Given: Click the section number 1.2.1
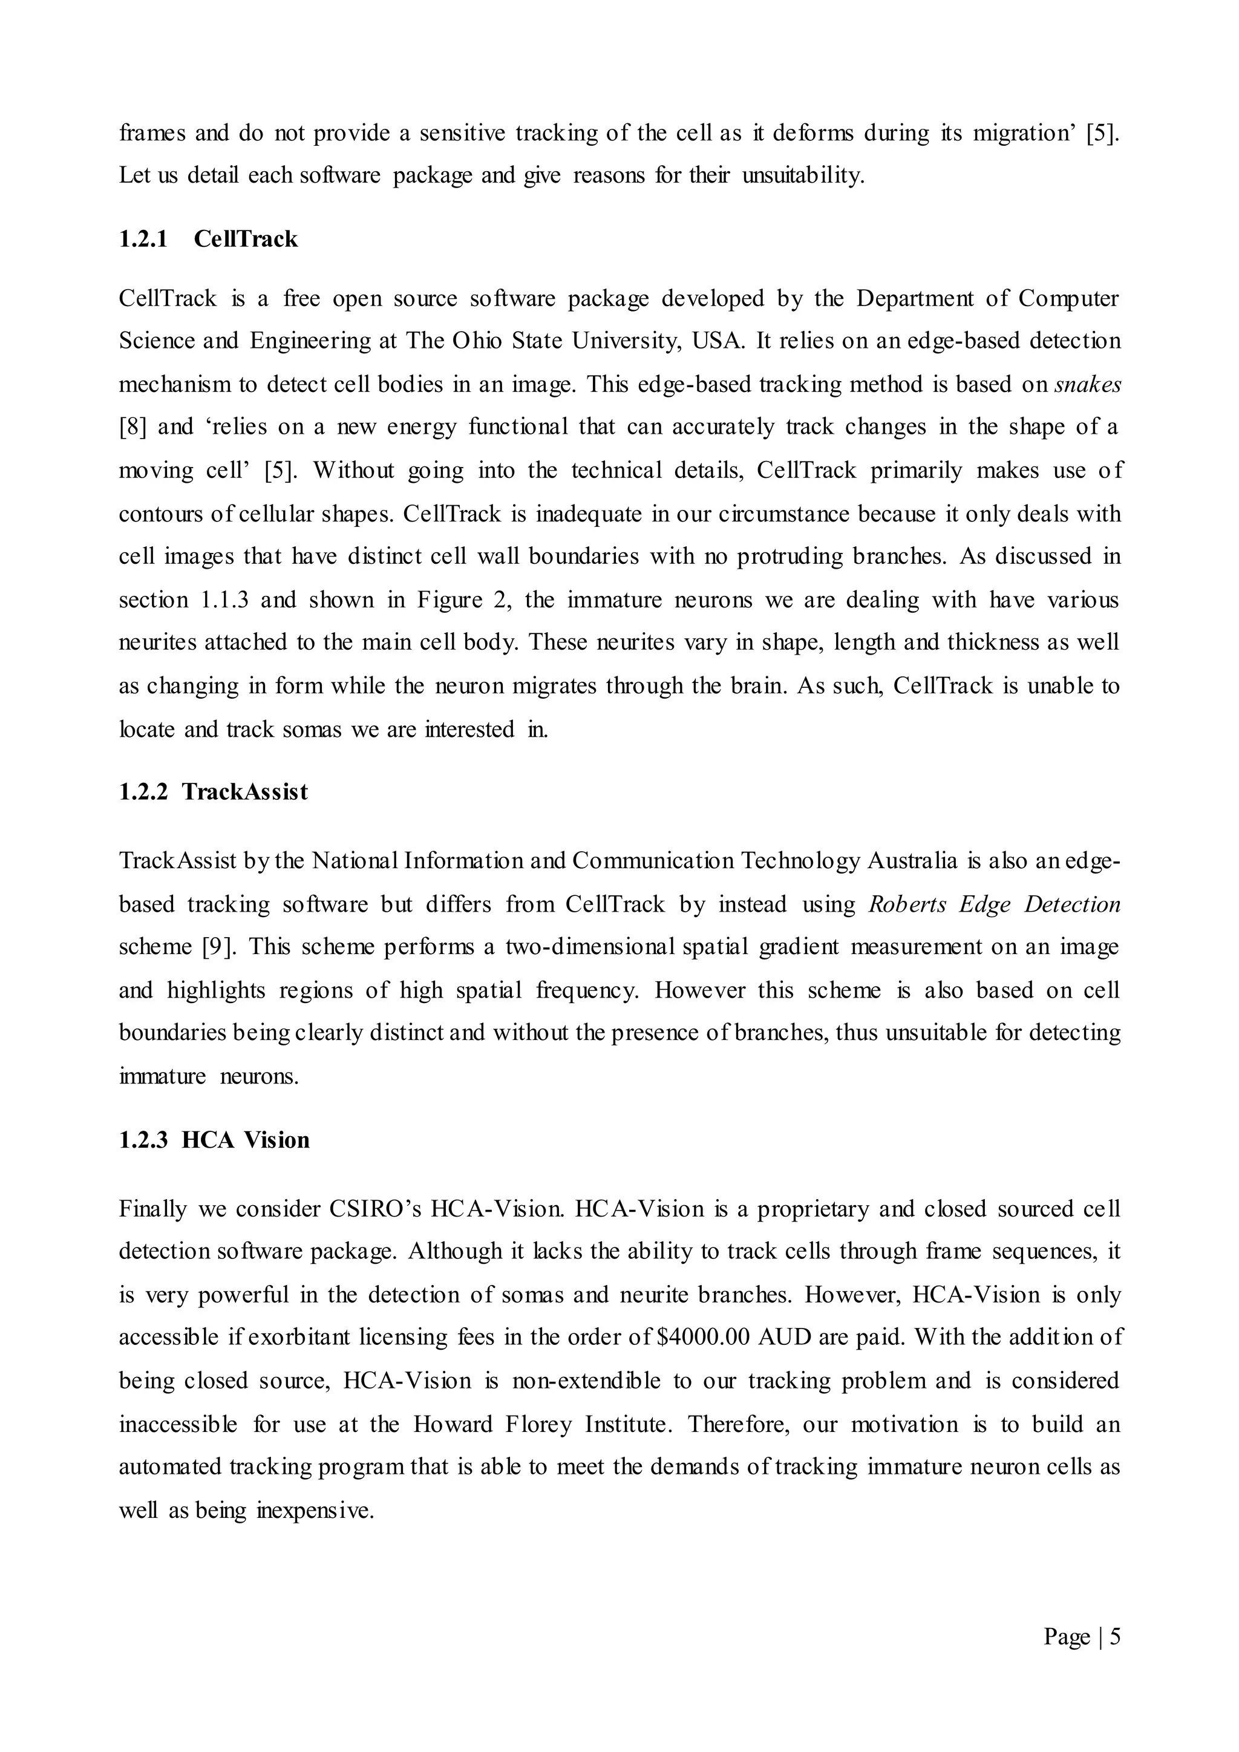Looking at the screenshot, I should [143, 239].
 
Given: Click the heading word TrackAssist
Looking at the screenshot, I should [245, 792].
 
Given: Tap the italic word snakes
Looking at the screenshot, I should [1087, 384].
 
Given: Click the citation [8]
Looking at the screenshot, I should [132, 427].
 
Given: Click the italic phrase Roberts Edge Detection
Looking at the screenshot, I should [994, 904].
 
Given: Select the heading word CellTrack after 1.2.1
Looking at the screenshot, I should [246, 239].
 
